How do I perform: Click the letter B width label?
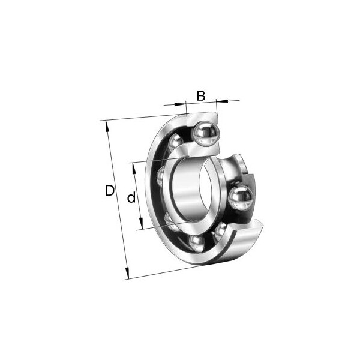click(x=201, y=95)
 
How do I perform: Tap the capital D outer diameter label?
click(x=109, y=191)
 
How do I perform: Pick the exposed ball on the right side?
click(x=240, y=199)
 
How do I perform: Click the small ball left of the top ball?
click(x=176, y=143)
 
